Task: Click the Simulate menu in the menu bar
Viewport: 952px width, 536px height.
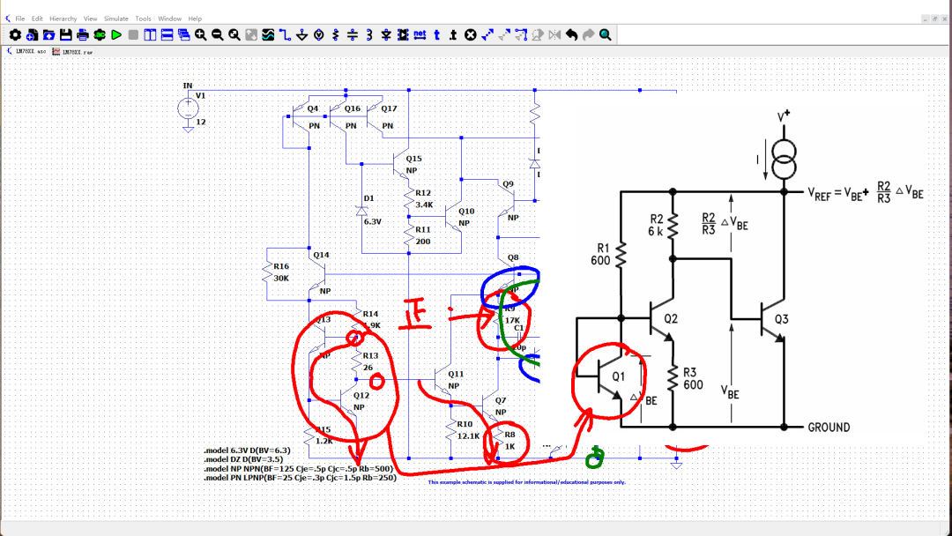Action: (x=116, y=19)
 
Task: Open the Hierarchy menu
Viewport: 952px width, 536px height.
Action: (x=63, y=19)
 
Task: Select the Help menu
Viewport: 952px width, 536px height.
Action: (x=195, y=19)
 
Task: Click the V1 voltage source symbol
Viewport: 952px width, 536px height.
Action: (x=189, y=108)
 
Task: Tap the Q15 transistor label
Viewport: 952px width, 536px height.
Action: (x=413, y=159)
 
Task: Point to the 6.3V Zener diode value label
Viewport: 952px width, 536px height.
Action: (x=373, y=221)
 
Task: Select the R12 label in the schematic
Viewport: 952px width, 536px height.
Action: (x=423, y=192)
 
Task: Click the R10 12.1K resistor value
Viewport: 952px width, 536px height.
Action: (x=468, y=435)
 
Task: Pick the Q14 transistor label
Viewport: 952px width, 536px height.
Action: (x=321, y=255)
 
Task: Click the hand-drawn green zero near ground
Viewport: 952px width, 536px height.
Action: (x=597, y=456)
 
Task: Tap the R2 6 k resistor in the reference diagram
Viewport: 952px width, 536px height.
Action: (x=673, y=227)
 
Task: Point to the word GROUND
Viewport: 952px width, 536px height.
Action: (x=829, y=428)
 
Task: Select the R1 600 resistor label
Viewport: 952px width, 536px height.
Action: (x=601, y=255)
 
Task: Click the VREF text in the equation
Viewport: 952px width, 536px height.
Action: (x=823, y=192)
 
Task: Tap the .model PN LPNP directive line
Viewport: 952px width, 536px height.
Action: (x=300, y=478)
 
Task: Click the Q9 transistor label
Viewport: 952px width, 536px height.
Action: (x=508, y=183)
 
